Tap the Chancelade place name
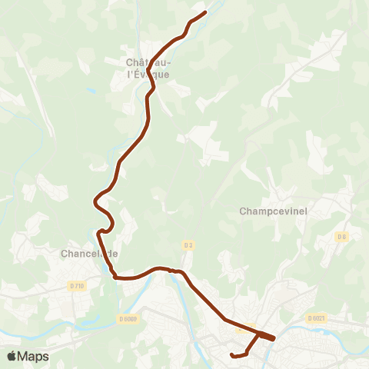pyautogui.click(x=89, y=253)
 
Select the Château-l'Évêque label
pyautogui.click(x=148, y=68)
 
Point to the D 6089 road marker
pyautogui.click(x=128, y=318)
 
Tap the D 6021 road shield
pyautogui.click(x=317, y=317)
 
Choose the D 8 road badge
pyautogui.click(x=341, y=237)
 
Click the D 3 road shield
pyautogui.click(x=187, y=244)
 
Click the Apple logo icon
pyautogui.click(x=12, y=356)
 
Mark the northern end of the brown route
pyautogui.click(x=205, y=12)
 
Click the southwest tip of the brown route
pyautogui.click(x=232, y=354)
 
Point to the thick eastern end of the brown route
pyautogui.click(x=271, y=337)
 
